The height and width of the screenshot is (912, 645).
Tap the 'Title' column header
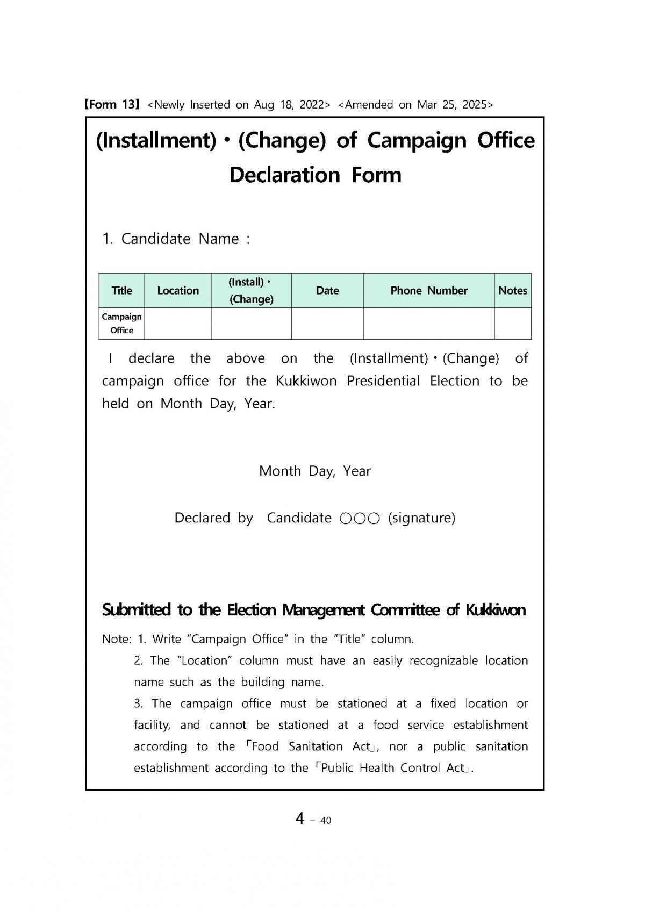point(121,291)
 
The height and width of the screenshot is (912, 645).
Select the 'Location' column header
point(178,291)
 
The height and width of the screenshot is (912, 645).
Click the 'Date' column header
point(327,291)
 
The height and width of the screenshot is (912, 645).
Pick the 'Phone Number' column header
point(429,291)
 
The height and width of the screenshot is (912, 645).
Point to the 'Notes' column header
point(513,291)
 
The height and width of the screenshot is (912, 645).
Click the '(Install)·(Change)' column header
point(251,291)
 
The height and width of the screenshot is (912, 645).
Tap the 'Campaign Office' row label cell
point(121,324)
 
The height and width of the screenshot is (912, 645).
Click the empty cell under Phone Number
point(429,324)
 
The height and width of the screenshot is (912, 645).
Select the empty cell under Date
point(327,324)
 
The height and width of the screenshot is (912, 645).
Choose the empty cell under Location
point(178,324)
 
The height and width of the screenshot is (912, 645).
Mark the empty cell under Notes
point(513,324)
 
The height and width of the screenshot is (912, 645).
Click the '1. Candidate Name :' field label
point(176,239)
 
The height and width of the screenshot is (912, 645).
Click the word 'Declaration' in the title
point(284,175)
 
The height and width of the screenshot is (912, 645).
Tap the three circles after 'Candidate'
point(360,519)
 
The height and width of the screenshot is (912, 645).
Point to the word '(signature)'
point(421,518)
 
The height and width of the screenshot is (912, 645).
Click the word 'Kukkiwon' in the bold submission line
point(495,610)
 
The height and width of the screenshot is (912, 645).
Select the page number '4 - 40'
point(313,818)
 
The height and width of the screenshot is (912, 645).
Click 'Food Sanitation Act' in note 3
point(311,746)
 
